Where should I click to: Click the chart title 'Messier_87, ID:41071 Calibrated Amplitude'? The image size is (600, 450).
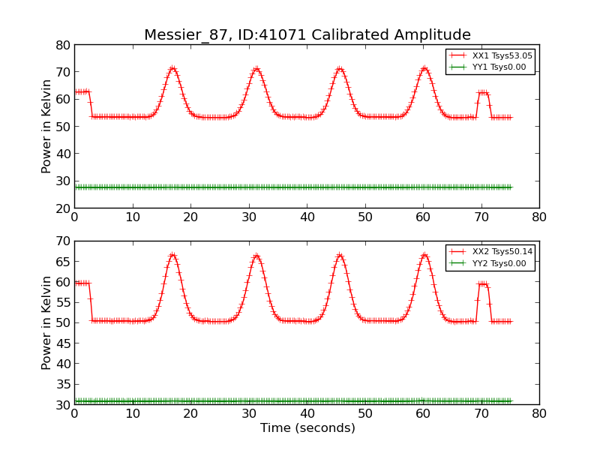tap(307, 35)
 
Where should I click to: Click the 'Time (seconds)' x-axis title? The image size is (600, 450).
tap(307, 428)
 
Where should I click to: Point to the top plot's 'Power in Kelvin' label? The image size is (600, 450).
tap(47, 126)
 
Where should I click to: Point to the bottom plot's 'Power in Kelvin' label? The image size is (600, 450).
tap(47, 322)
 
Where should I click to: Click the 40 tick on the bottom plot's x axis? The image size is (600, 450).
tap(307, 414)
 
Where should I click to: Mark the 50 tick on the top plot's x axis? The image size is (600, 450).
tap(365, 217)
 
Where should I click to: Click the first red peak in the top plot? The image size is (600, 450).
tap(172, 68)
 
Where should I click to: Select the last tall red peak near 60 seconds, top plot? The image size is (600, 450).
tap(424, 68)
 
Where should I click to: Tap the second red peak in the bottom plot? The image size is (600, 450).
tap(256, 255)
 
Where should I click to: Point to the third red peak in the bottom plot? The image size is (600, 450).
tap(340, 255)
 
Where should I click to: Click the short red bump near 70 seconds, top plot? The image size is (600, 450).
tap(484, 93)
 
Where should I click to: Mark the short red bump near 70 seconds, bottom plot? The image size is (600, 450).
tap(484, 284)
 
